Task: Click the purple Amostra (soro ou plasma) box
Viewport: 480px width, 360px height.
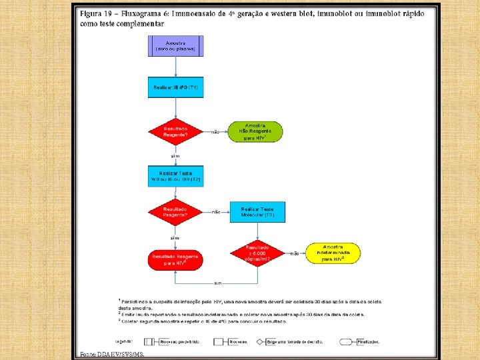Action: coord(175,45)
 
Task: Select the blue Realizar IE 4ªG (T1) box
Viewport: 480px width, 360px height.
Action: coord(175,88)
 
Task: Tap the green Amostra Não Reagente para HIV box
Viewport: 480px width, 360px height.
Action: coord(255,131)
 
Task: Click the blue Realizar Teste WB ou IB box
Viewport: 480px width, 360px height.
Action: coord(175,177)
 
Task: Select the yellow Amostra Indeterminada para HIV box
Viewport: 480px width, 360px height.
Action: coord(333,253)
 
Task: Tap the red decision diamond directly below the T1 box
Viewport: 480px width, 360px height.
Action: coord(175,131)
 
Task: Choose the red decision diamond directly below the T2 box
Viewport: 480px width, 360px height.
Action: coord(175,212)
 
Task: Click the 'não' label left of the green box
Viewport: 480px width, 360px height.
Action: coord(215,132)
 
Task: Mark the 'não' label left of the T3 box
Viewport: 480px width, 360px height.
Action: coord(215,213)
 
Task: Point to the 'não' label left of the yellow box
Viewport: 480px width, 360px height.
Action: coord(295,254)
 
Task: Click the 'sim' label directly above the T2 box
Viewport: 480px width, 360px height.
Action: coord(175,155)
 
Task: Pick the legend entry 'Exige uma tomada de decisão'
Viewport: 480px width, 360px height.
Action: coord(295,341)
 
